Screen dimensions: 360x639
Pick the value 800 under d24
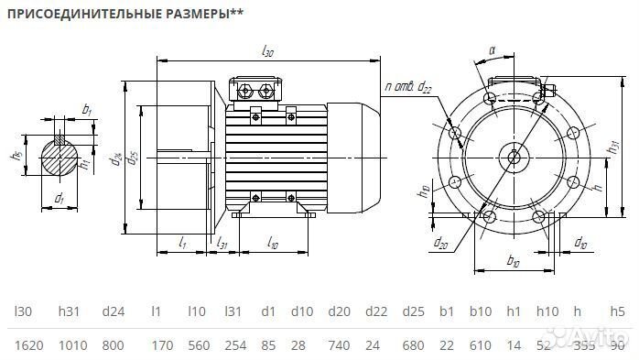pos(113,344)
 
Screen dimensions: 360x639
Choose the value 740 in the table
pos(339,344)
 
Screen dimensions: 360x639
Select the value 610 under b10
pos(481,344)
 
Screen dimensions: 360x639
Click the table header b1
pos(446,311)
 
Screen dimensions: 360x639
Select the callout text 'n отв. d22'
pos(409,88)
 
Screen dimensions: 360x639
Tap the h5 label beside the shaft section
pos(16,155)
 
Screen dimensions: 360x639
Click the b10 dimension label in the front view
pos(513,263)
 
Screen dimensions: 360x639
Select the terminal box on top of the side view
pos(260,90)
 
